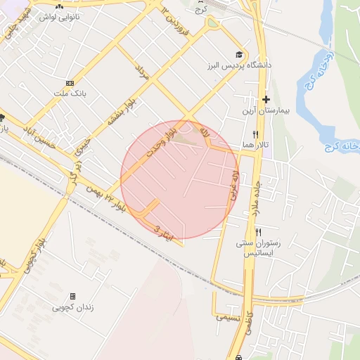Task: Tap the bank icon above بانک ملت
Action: [x=69, y=82]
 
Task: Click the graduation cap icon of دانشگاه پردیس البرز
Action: [x=239, y=55]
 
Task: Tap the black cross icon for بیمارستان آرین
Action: [x=266, y=100]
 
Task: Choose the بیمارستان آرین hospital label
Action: [x=264, y=112]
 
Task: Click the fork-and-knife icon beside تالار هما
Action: [x=255, y=134]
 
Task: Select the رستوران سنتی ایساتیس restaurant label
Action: [x=261, y=247]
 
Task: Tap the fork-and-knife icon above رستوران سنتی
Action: [x=258, y=232]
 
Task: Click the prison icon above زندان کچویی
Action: [x=73, y=297]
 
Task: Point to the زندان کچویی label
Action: [x=73, y=307]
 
